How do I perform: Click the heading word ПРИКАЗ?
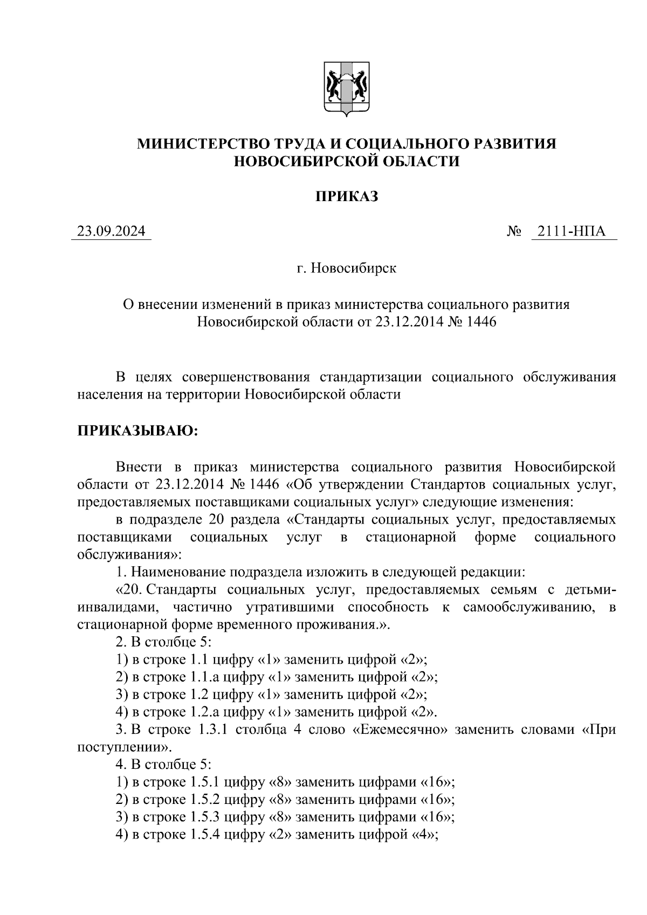coord(347,197)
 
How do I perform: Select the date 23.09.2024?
coord(111,232)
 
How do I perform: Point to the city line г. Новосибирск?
coord(346,268)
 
